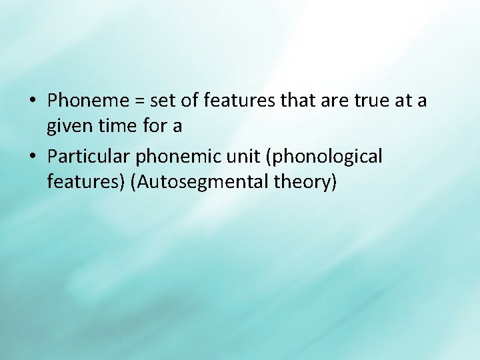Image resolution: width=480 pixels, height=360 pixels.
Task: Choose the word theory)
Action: tap(303, 181)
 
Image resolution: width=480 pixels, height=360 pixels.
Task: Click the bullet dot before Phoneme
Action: tap(33, 101)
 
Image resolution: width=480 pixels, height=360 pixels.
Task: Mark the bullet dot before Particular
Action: tap(33, 157)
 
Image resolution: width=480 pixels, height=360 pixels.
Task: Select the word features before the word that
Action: tap(239, 101)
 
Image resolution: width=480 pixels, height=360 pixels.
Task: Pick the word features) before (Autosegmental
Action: tap(87, 181)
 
